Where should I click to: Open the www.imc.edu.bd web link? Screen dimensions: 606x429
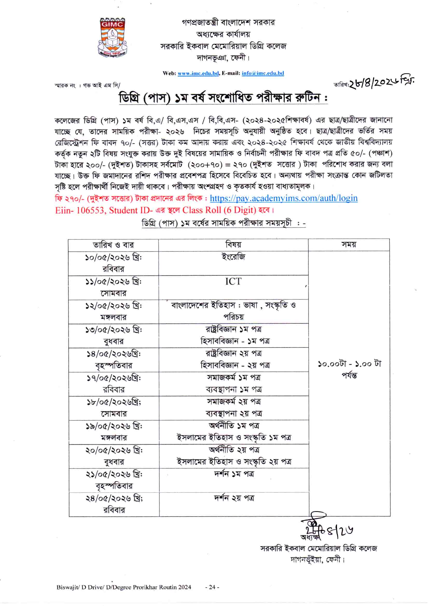(x=198, y=73)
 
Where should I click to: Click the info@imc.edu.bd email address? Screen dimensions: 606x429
(x=262, y=73)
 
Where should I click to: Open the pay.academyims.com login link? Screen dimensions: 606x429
(x=283, y=198)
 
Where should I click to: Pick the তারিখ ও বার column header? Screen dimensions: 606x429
(x=113, y=245)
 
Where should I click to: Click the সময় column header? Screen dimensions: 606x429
(x=349, y=245)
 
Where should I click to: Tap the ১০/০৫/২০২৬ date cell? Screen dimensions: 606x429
(x=113, y=258)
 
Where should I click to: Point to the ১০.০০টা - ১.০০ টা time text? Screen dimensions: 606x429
(x=349, y=364)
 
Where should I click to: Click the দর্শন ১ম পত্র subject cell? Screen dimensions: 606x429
(x=234, y=474)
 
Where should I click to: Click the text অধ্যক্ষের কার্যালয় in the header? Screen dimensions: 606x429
(x=223, y=34)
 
